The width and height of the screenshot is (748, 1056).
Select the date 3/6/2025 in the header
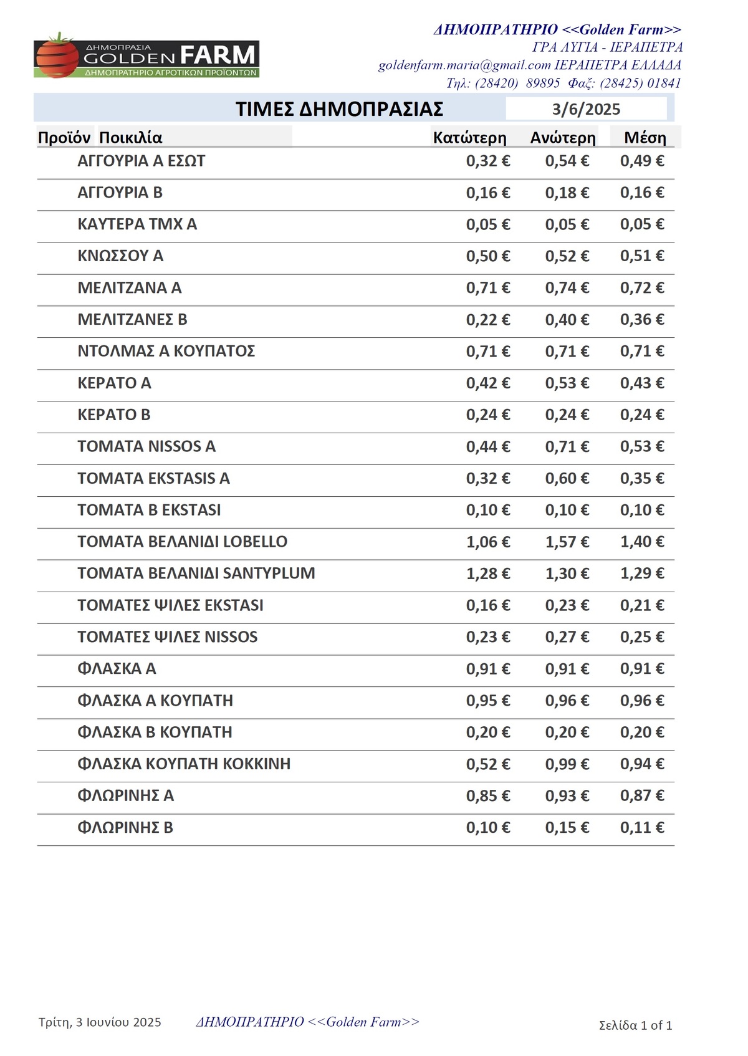tap(586, 110)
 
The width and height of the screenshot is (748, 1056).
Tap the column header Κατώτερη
tap(469, 138)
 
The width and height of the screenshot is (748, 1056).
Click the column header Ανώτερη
tap(563, 138)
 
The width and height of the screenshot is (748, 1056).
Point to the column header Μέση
tap(645, 138)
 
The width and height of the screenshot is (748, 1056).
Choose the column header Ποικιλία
tap(131, 138)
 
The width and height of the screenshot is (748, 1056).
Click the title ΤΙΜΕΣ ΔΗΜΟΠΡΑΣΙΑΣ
tap(339, 109)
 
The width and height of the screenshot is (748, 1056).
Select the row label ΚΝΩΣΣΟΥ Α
tap(120, 256)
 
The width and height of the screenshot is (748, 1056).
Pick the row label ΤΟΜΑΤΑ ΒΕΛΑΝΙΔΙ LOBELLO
tap(182, 542)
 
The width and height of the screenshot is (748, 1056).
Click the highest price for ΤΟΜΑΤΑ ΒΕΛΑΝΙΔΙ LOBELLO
tap(567, 542)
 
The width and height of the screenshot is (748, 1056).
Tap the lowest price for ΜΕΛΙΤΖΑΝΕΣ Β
tap(487, 320)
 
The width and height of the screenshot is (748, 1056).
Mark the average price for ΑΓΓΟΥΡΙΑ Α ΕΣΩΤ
tap(641, 161)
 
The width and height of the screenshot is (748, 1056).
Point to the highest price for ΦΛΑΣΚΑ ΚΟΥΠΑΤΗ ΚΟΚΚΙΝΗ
tap(567, 764)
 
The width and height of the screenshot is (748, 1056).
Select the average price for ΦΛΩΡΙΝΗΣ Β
tap(641, 828)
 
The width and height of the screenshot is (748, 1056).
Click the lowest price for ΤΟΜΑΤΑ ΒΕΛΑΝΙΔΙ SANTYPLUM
tap(487, 574)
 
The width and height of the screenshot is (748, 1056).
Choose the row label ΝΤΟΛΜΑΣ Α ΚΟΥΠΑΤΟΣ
tap(166, 352)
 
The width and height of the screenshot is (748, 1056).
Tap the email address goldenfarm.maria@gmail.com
tap(464, 65)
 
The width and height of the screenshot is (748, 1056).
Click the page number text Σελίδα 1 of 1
tap(635, 1025)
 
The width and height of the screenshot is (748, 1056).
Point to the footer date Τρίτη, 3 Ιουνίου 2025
tap(100, 1022)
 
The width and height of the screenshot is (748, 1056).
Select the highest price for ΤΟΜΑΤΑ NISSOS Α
tap(567, 447)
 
